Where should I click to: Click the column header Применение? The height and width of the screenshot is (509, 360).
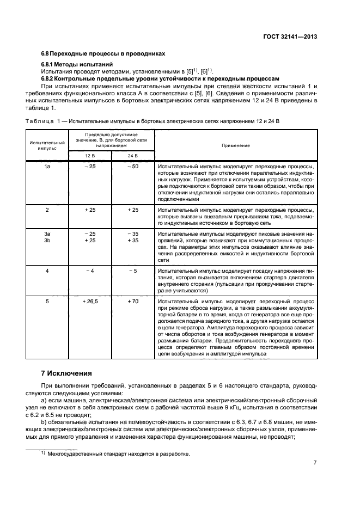(235, 145)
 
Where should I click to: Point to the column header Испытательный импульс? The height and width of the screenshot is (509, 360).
(47, 145)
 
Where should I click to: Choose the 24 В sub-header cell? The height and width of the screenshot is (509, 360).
(132, 156)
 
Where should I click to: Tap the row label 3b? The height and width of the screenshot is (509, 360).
(47, 240)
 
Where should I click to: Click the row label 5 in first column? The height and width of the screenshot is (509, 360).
(47, 301)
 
